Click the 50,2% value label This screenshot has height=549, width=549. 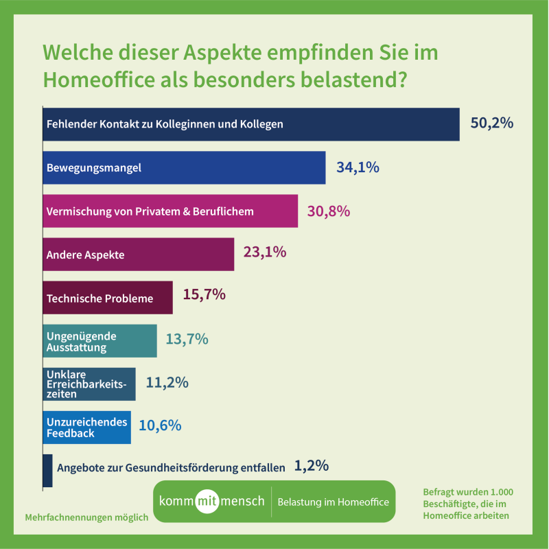point(491,124)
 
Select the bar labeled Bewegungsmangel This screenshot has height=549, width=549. point(184,167)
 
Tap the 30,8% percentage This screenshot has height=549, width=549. point(328,211)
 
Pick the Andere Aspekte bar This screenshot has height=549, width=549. point(138,254)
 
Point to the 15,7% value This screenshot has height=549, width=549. point(204,295)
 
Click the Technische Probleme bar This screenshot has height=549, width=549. point(107,298)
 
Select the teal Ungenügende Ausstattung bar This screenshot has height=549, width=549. point(100,341)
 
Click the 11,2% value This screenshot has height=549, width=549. point(167,383)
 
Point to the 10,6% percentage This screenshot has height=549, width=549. point(160,425)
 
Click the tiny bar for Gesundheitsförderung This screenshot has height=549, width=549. point(47,471)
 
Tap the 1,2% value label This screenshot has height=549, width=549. point(311,466)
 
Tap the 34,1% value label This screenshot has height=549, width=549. point(358,167)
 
